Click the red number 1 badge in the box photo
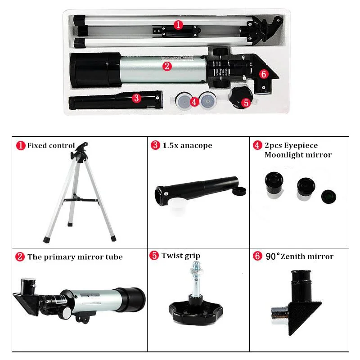coord(179,25)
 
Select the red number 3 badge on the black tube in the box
coord(137,98)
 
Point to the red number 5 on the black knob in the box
coord(245,102)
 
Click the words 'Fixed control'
coord(51,145)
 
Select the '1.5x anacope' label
coord(187,145)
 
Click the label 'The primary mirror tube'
coord(75,257)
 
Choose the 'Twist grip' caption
coord(181,256)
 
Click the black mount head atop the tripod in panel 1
coord(81,151)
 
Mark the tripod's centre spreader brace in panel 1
coord(79,199)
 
